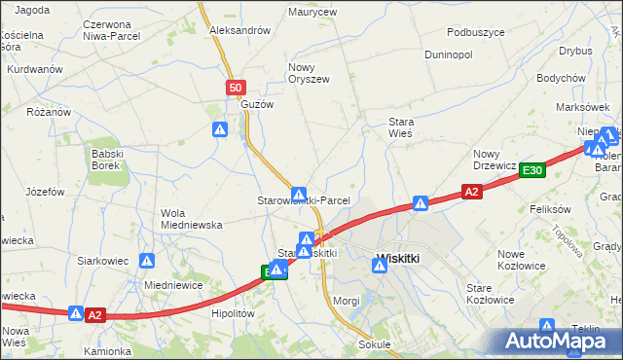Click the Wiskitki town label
pyautogui.click(x=397, y=259)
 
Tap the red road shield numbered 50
pyautogui.click(x=236, y=89)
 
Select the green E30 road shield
pyautogui.click(x=531, y=169)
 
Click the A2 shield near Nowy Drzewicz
pyautogui.click(x=471, y=193)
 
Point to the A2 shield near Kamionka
pyautogui.click(x=94, y=314)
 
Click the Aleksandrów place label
pyautogui.click(x=239, y=30)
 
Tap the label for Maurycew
pyautogui.click(x=312, y=13)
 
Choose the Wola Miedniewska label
pyautogui.click(x=192, y=219)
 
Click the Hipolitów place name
pyautogui.click(x=233, y=313)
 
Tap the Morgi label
pyautogui.click(x=347, y=300)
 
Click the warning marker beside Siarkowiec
pyautogui.click(x=147, y=260)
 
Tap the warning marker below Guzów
pyautogui.click(x=221, y=128)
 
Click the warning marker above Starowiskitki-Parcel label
pyautogui.click(x=300, y=195)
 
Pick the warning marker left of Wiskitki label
pyautogui.click(x=379, y=262)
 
